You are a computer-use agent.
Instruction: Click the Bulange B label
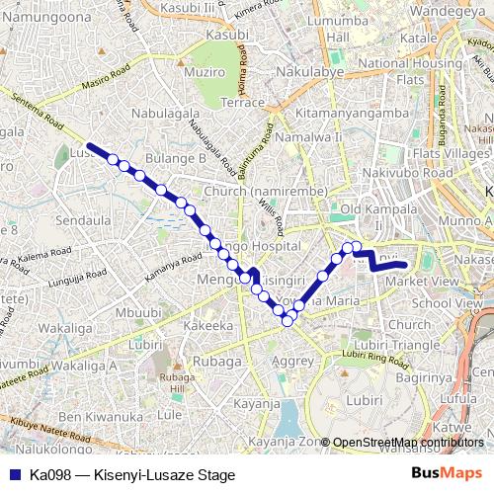point(175,157)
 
